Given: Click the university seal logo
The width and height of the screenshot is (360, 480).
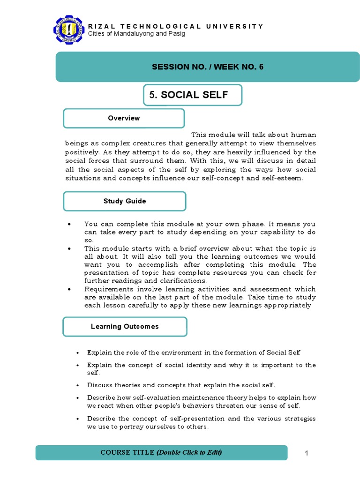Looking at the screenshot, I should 71,31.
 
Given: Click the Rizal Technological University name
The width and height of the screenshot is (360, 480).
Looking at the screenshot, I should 176,26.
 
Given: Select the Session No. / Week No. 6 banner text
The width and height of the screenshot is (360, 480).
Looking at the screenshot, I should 208,67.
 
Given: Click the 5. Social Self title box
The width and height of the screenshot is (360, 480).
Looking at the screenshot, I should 193,95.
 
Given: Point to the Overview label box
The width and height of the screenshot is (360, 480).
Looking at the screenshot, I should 124,118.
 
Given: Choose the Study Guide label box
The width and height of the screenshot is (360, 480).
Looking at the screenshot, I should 125,201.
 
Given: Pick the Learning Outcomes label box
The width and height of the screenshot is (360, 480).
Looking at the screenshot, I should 125,326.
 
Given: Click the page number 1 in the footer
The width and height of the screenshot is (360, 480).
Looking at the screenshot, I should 307,453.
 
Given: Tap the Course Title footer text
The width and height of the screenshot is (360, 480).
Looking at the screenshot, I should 161,452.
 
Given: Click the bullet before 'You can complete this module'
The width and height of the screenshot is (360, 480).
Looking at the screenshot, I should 69,224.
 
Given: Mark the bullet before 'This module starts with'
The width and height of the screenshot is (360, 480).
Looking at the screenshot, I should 69,248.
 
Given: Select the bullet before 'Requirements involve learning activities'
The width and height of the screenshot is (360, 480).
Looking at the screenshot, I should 69,289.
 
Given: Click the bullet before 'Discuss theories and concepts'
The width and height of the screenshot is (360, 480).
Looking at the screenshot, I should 77,385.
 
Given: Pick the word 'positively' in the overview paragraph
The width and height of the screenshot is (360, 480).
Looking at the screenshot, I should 81,152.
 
